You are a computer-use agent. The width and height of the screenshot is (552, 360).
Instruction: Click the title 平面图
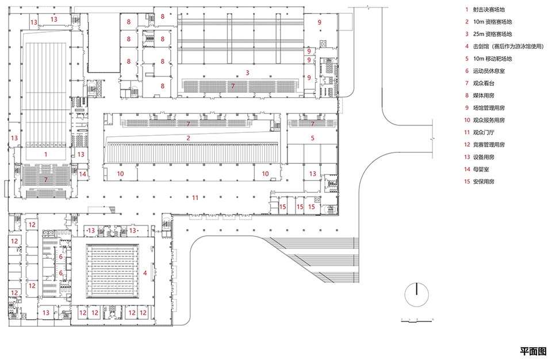coord(534,351)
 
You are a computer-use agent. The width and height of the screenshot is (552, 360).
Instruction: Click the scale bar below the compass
coord(417,320)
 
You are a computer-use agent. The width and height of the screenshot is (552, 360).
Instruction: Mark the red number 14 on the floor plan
coord(82,174)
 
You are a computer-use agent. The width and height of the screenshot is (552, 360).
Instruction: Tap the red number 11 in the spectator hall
coord(195,198)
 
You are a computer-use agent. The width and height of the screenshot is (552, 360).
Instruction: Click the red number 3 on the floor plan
coord(247,72)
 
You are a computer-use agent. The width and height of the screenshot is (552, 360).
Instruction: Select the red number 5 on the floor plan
coord(313,138)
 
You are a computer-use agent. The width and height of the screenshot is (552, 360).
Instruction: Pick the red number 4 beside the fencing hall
coord(145,273)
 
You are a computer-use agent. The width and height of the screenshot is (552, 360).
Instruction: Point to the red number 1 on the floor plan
coord(46,154)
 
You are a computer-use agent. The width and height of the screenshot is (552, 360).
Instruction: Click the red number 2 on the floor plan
coord(189,138)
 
